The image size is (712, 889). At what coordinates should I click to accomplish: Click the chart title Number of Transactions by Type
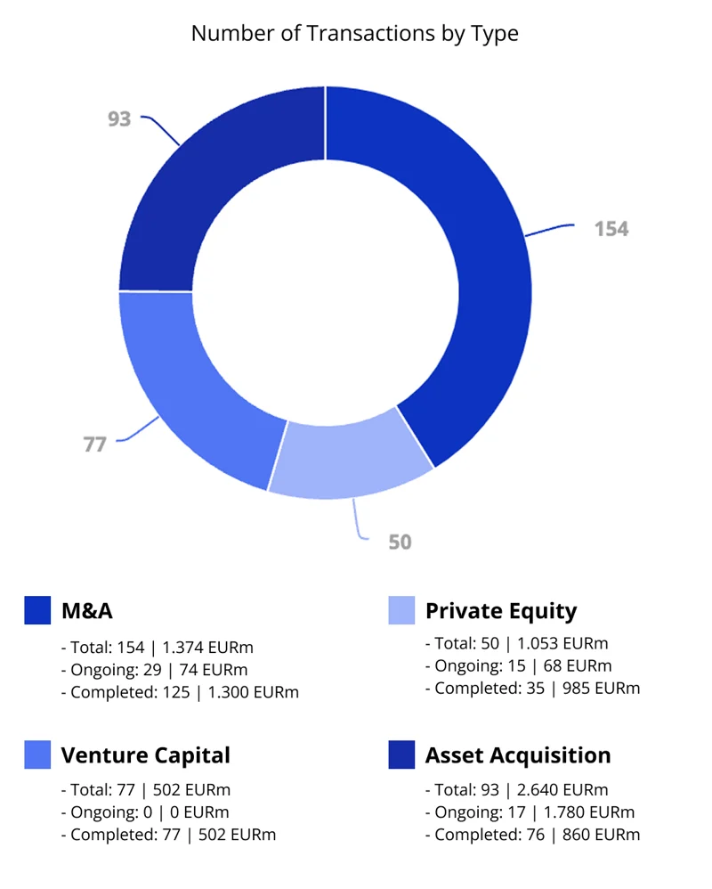pos(354,34)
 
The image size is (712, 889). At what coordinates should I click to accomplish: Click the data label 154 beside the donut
pos(611,229)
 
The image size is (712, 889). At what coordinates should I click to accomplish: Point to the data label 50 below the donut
pos(400,541)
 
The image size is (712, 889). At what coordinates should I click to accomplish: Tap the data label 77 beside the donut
pos(94,444)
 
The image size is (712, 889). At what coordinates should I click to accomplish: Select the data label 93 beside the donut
pos(119,118)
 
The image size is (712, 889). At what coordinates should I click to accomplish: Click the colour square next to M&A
pos(37,610)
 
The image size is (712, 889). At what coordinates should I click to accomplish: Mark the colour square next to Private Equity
pos(402,610)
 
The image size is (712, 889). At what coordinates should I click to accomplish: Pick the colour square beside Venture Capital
pos(37,755)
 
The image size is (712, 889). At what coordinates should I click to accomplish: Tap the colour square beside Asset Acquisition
pos(402,755)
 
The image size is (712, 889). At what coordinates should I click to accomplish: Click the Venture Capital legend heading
pos(146,755)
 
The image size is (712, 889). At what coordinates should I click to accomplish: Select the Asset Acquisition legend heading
pos(518,755)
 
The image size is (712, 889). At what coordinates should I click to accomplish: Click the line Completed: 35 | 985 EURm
pos(532,688)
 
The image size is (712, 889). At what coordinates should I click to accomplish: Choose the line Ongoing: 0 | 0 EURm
pos(144,812)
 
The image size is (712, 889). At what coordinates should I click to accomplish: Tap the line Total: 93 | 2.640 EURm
pos(516,789)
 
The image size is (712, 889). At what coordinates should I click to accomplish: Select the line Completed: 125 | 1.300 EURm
pos(180,692)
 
